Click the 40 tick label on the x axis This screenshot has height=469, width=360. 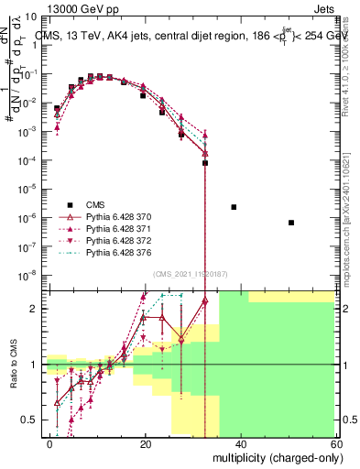[240, 444]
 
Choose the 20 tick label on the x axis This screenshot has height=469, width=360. [145, 444]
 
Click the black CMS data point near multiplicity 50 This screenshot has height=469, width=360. [290, 223]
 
